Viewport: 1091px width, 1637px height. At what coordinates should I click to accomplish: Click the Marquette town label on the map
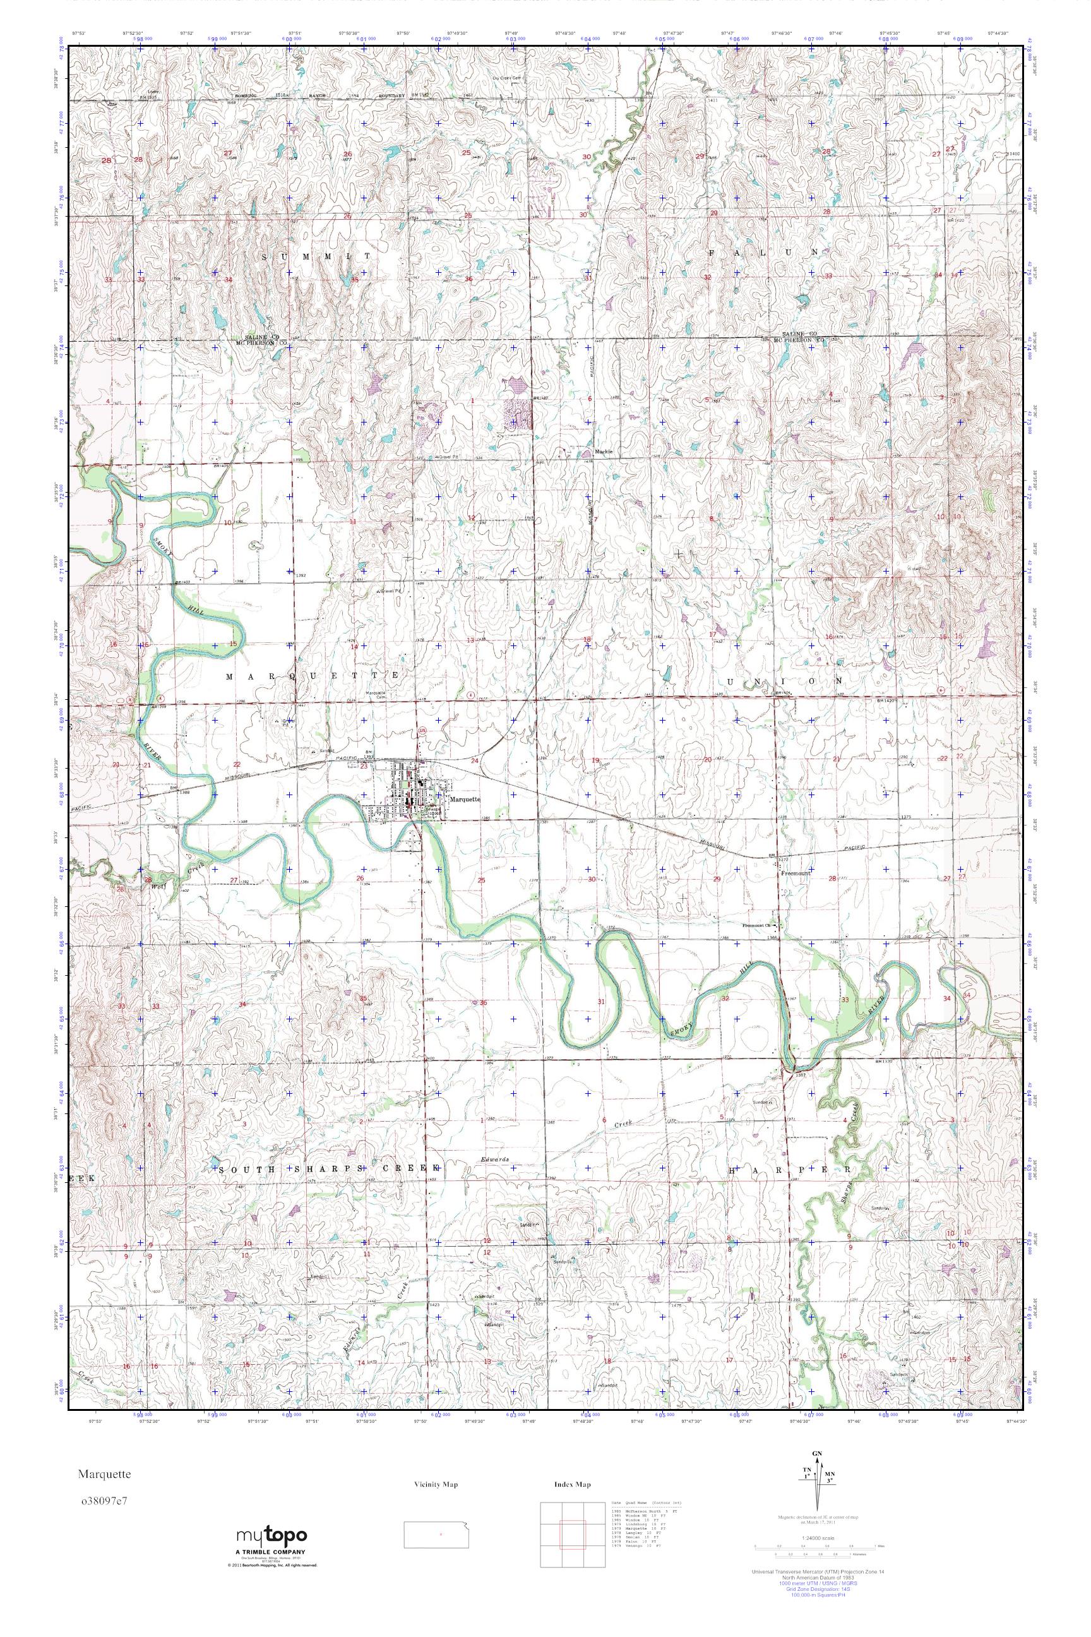coord(465,800)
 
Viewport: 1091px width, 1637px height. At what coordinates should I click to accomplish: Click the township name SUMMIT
coord(316,256)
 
